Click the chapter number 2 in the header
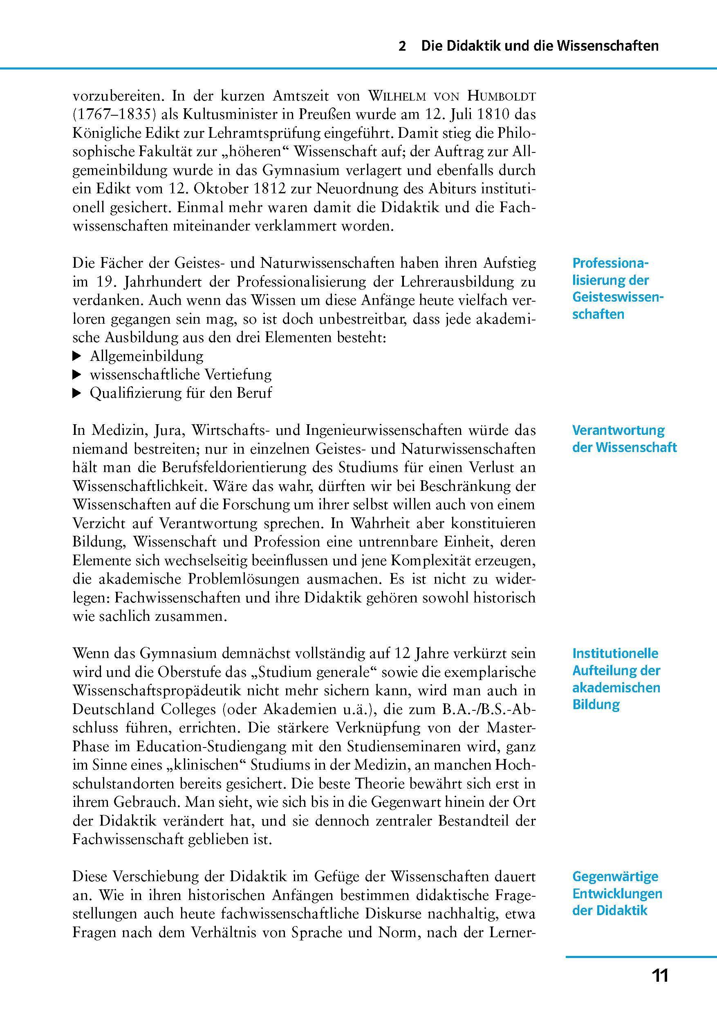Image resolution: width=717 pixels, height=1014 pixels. tap(401, 46)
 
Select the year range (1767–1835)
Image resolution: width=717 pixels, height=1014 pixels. tap(114, 115)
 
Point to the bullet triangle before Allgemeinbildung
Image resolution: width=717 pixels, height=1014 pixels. tap(77, 356)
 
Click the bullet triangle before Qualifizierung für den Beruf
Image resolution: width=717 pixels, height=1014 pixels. tap(77, 393)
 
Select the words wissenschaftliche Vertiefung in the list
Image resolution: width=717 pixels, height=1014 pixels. tap(181, 374)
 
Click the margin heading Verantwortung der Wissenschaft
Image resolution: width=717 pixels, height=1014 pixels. tap(624, 439)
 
